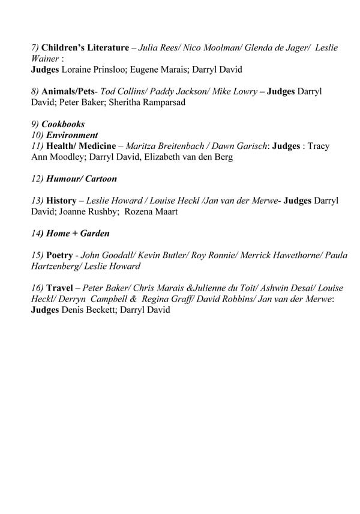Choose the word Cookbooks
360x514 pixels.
pyautogui.click(x=63, y=124)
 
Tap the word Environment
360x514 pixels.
pyautogui.click(x=70, y=135)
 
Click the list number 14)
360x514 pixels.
pyautogui.click(x=38, y=234)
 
